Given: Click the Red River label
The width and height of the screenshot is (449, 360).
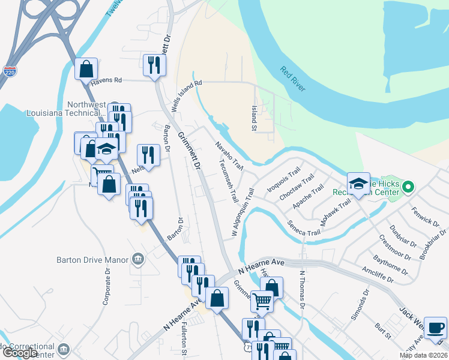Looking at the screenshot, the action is (292, 79).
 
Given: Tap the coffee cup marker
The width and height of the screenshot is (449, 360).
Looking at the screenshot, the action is (435, 328).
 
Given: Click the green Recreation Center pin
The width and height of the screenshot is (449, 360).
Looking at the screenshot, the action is (408, 187).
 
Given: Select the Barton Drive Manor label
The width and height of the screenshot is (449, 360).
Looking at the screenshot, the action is (92, 260).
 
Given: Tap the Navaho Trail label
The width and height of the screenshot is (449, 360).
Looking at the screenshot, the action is (229, 155).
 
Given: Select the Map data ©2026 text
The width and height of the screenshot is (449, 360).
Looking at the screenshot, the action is (423, 355).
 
